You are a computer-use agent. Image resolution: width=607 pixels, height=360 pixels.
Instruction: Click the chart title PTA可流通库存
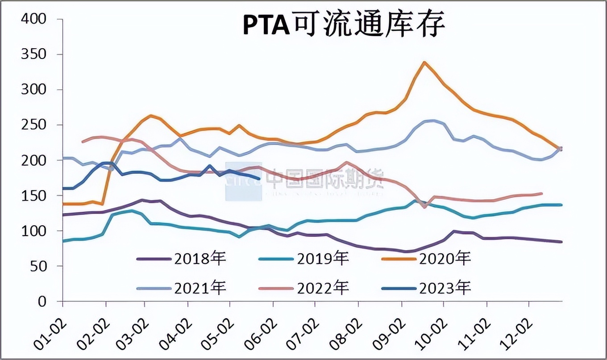(344, 26)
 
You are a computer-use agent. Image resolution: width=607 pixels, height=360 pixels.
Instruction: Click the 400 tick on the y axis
(34, 20)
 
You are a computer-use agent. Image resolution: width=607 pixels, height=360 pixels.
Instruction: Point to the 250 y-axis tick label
(34, 126)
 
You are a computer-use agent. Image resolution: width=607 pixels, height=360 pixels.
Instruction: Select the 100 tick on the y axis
(34, 231)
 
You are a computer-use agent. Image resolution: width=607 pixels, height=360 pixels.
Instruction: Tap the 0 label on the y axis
(42, 302)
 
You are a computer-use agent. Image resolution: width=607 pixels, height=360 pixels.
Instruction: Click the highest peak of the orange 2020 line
(424, 63)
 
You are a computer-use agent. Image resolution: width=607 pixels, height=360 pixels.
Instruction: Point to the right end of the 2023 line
(260, 179)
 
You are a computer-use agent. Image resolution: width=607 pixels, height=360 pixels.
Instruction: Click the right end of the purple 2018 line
(561, 242)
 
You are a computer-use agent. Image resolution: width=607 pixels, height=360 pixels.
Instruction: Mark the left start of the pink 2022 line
(82, 142)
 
